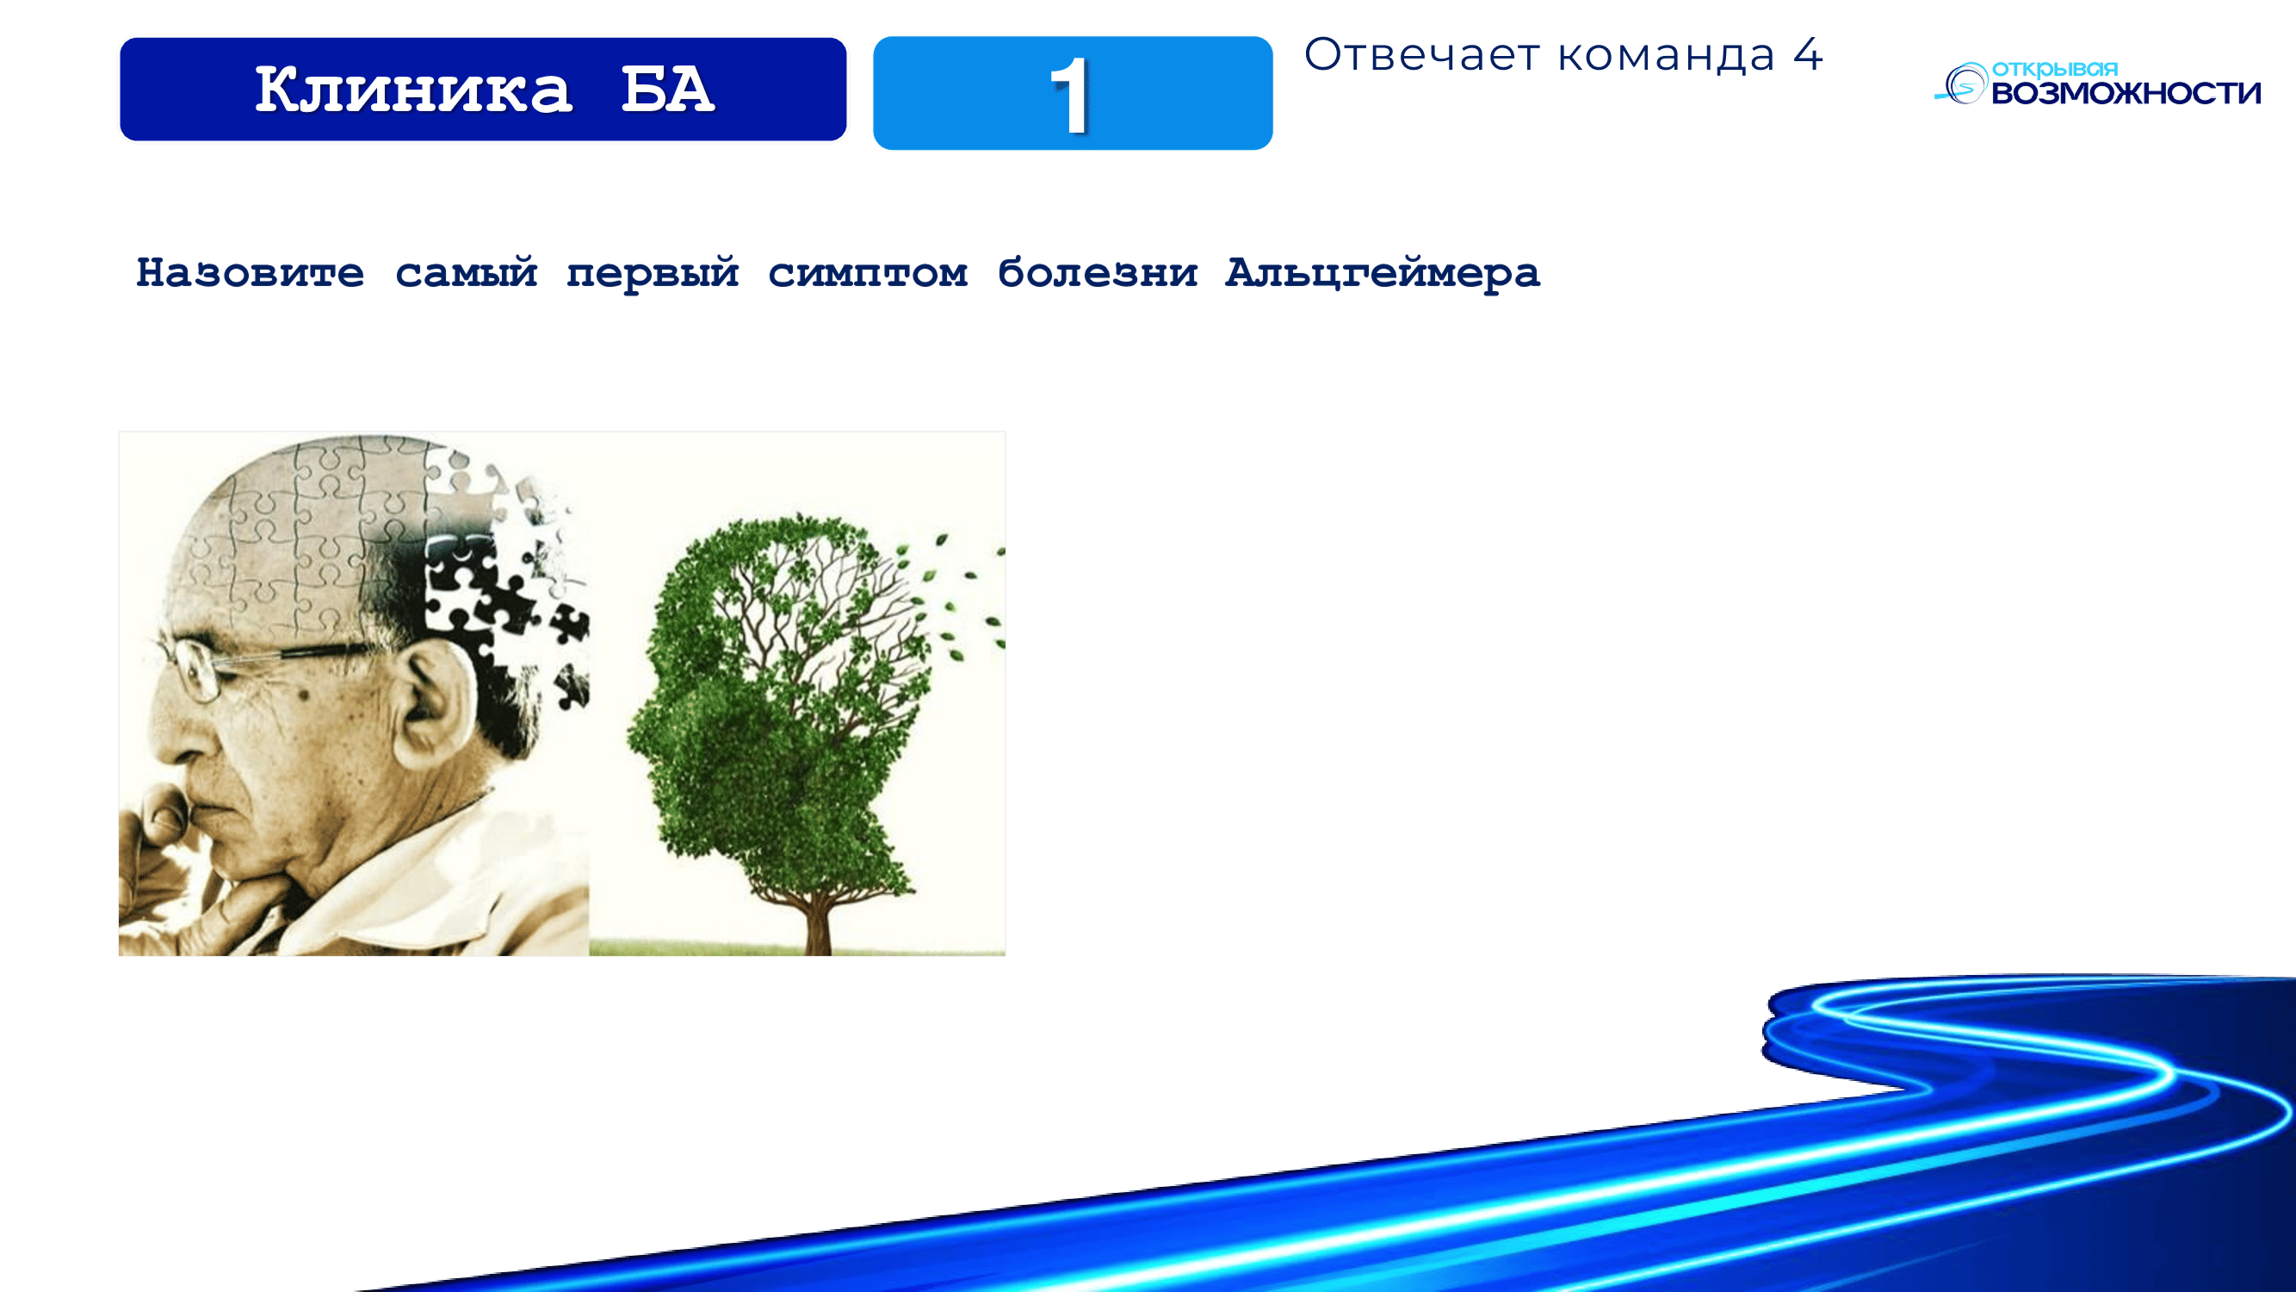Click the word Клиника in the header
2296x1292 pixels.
[x=412, y=90]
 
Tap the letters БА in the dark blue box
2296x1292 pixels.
[x=667, y=90]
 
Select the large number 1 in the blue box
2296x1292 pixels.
[x=1069, y=96]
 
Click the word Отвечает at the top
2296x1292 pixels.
[x=1421, y=54]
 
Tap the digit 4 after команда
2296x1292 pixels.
[x=1808, y=54]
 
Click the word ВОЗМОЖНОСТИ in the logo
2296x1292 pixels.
[x=2126, y=93]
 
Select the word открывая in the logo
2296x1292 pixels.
[x=2054, y=70]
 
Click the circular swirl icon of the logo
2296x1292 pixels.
[x=1963, y=84]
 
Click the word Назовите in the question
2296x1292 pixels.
[x=250, y=272]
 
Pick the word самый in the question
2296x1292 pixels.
[x=466, y=272]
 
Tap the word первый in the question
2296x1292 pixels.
[x=653, y=274]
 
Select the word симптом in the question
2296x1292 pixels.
[x=867, y=273]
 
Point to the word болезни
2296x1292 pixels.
[x=1097, y=272]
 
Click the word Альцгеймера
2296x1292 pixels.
[x=1383, y=273]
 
